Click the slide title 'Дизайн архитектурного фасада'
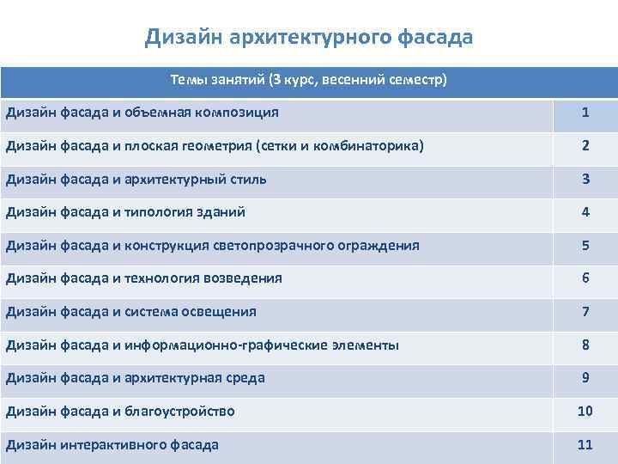point(309,37)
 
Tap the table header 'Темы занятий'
point(309,81)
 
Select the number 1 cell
point(585,113)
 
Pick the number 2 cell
point(585,146)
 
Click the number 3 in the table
point(585,179)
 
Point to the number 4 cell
point(585,212)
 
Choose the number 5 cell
point(585,245)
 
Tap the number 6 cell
point(585,278)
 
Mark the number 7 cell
point(585,311)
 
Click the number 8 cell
point(585,345)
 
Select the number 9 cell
point(585,377)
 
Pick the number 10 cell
point(585,411)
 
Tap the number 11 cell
point(585,444)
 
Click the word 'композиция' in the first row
point(241,113)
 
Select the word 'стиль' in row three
point(247,180)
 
